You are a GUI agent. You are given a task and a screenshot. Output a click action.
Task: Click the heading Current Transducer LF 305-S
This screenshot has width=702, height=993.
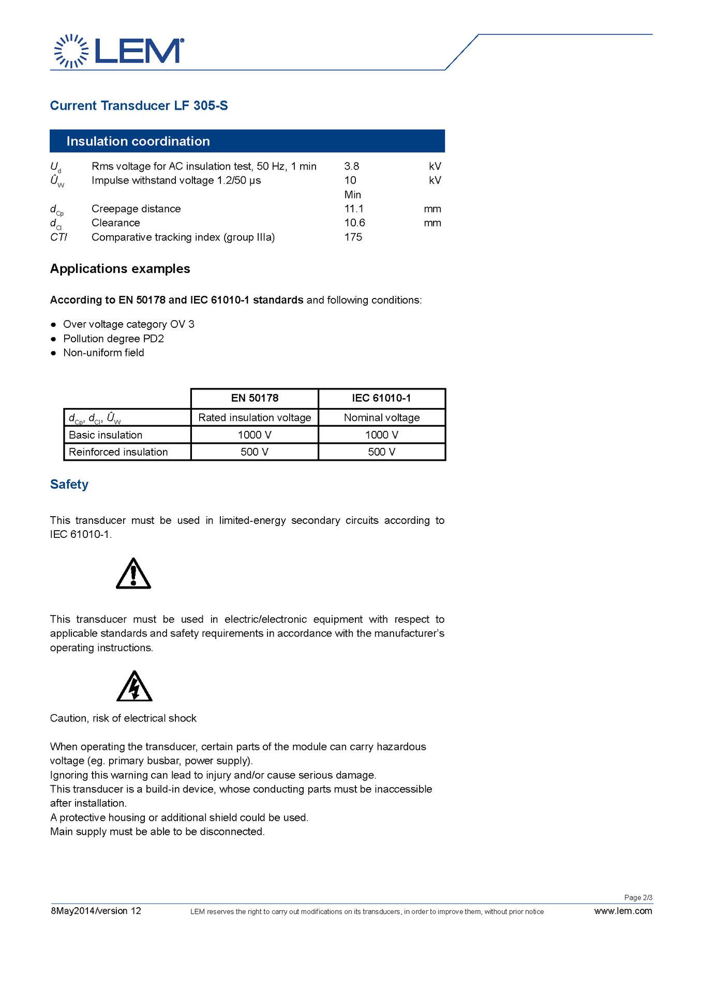(139, 106)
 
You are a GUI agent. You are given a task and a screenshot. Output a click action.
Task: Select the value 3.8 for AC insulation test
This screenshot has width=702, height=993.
(351, 166)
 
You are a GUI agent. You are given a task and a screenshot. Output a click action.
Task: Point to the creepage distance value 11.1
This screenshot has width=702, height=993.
(354, 209)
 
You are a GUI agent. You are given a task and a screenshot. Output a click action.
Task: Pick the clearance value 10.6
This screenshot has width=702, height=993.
(354, 223)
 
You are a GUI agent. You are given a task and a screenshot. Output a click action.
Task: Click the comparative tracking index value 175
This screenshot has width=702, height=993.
(353, 237)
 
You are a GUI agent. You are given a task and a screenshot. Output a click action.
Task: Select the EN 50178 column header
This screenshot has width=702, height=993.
(255, 398)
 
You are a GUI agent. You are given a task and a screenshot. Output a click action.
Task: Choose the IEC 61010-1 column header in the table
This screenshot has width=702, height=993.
(381, 398)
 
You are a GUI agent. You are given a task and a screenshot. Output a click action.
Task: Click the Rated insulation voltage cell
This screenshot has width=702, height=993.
(255, 417)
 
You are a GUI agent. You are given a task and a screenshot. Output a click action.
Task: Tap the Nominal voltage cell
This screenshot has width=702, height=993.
(382, 417)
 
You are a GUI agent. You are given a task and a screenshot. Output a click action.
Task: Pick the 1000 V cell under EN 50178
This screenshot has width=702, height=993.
(255, 435)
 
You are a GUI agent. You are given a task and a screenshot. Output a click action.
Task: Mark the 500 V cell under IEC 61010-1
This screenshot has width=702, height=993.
(382, 452)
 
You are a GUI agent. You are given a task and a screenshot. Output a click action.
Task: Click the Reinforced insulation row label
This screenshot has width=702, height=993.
(118, 452)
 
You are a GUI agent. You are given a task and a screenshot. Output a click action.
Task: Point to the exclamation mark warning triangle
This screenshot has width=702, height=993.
(133, 574)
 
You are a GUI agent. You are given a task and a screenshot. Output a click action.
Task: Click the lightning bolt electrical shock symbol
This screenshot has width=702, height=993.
(135, 687)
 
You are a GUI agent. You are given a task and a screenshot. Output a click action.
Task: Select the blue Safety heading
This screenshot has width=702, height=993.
(69, 484)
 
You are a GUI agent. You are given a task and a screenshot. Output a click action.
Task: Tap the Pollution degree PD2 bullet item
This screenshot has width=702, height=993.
(113, 339)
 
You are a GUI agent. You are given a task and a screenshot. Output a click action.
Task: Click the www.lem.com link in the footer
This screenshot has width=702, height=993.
(623, 911)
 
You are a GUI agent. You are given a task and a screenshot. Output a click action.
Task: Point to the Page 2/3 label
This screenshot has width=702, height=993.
(638, 897)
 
